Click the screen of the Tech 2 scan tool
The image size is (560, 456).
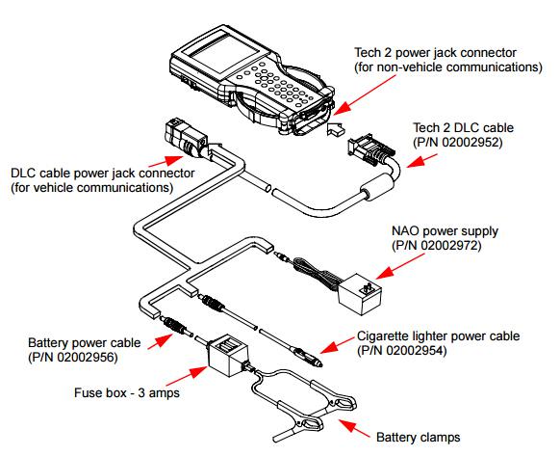[x=223, y=54]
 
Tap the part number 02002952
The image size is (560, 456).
[x=471, y=143]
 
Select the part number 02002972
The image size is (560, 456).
[x=450, y=246]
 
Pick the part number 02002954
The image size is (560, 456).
[x=416, y=350]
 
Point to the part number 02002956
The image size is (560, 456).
[x=87, y=357]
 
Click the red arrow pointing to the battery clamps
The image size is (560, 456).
[x=354, y=428]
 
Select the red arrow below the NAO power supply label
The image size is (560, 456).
[x=400, y=266]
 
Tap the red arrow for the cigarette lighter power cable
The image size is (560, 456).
[x=337, y=345]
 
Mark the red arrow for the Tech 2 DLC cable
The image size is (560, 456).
[x=421, y=161]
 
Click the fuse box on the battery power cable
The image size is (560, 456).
[x=227, y=356]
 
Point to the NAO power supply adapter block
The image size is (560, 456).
[x=359, y=294]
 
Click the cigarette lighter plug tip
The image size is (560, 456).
[x=318, y=364]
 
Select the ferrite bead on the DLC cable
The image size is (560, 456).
[x=377, y=186]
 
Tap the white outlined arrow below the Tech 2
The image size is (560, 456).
[x=336, y=128]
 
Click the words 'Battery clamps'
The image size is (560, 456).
[x=418, y=437]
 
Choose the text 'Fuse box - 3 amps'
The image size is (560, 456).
[x=127, y=392]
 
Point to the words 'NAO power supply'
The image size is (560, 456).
[x=445, y=230]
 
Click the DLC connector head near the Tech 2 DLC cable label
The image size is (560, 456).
[x=370, y=149]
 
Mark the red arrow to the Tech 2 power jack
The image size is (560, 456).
[x=365, y=94]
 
